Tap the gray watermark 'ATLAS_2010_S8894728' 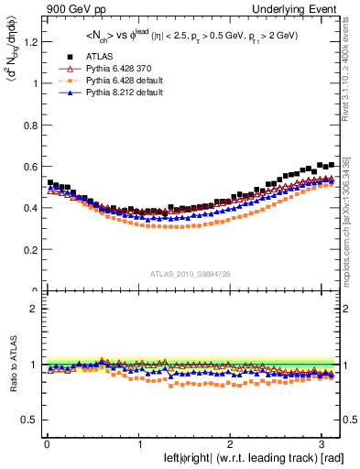tap(191, 274)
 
